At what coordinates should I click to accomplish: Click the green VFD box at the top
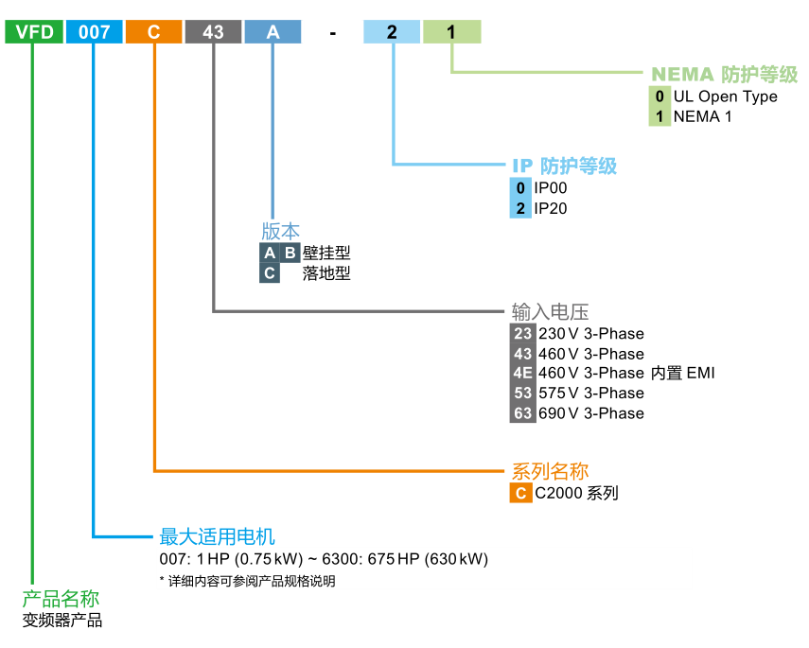34,32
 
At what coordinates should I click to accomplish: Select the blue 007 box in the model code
94,32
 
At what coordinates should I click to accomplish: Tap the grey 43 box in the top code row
213,32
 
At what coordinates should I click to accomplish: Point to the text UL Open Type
725,96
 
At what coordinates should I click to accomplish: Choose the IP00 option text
551,188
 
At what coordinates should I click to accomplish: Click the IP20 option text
551,208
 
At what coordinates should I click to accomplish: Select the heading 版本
280,231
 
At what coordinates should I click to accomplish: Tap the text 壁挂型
326,253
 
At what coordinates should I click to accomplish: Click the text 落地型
326,273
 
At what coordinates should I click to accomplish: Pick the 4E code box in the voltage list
522,373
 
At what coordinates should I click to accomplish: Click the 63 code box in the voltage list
522,413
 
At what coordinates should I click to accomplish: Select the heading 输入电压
551,311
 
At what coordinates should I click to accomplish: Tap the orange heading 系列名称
550,471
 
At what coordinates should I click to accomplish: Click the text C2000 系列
576,493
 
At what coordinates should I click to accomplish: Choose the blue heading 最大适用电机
217,536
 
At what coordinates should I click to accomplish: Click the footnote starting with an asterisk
247,581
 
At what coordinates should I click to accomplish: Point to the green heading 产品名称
61,599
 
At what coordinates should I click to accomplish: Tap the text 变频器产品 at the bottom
62,621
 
